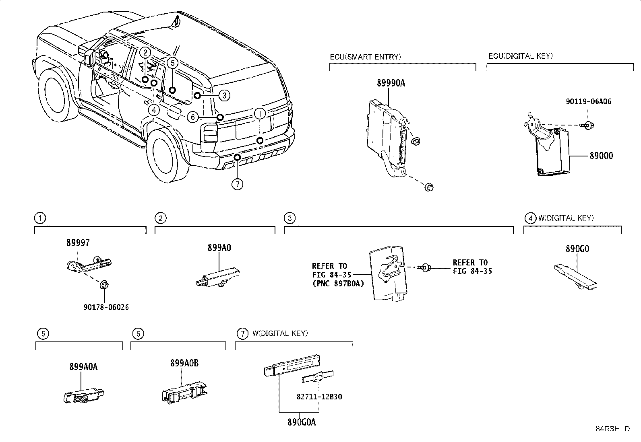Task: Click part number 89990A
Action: [x=391, y=83]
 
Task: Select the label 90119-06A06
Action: [x=588, y=102]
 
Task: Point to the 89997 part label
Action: [x=78, y=243]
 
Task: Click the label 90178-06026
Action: [x=106, y=307]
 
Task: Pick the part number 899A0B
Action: [x=184, y=363]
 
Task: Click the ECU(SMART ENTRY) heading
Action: [x=365, y=57]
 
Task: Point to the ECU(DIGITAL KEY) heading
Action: [x=520, y=56]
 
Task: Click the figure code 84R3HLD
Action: [x=612, y=429]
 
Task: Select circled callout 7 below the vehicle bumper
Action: [x=238, y=184]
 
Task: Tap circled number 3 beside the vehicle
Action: [x=224, y=95]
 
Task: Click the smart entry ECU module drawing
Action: [x=387, y=137]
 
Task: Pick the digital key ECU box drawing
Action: [x=554, y=153]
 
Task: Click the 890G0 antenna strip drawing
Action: [x=576, y=278]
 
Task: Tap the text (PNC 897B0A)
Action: [x=337, y=284]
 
